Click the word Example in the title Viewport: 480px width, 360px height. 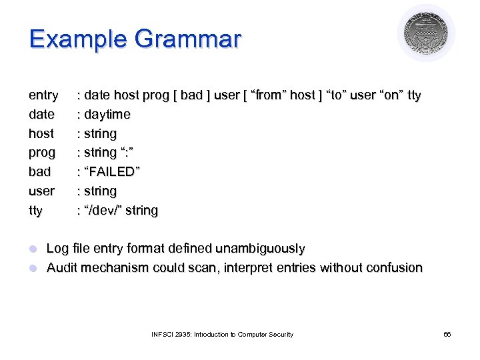pyautogui.click(x=77, y=39)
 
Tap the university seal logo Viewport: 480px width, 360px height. pyautogui.click(x=426, y=34)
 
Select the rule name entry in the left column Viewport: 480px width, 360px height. pyautogui.click(x=43, y=95)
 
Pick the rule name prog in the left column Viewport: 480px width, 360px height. pyautogui.click(x=42, y=153)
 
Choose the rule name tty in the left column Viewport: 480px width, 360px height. pyautogui.click(x=35, y=211)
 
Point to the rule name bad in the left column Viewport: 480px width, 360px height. pyautogui.click(x=40, y=172)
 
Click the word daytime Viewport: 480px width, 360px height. pyautogui.click(x=107, y=115)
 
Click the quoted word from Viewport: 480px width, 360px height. pyautogui.click(x=267, y=95)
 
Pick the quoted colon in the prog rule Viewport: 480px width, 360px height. pyautogui.click(x=128, y=153)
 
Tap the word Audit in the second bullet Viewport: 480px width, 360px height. pyautogui.click(x=61, y=268)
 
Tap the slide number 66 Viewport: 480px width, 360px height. pyautogui.click(x=447, y=334)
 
